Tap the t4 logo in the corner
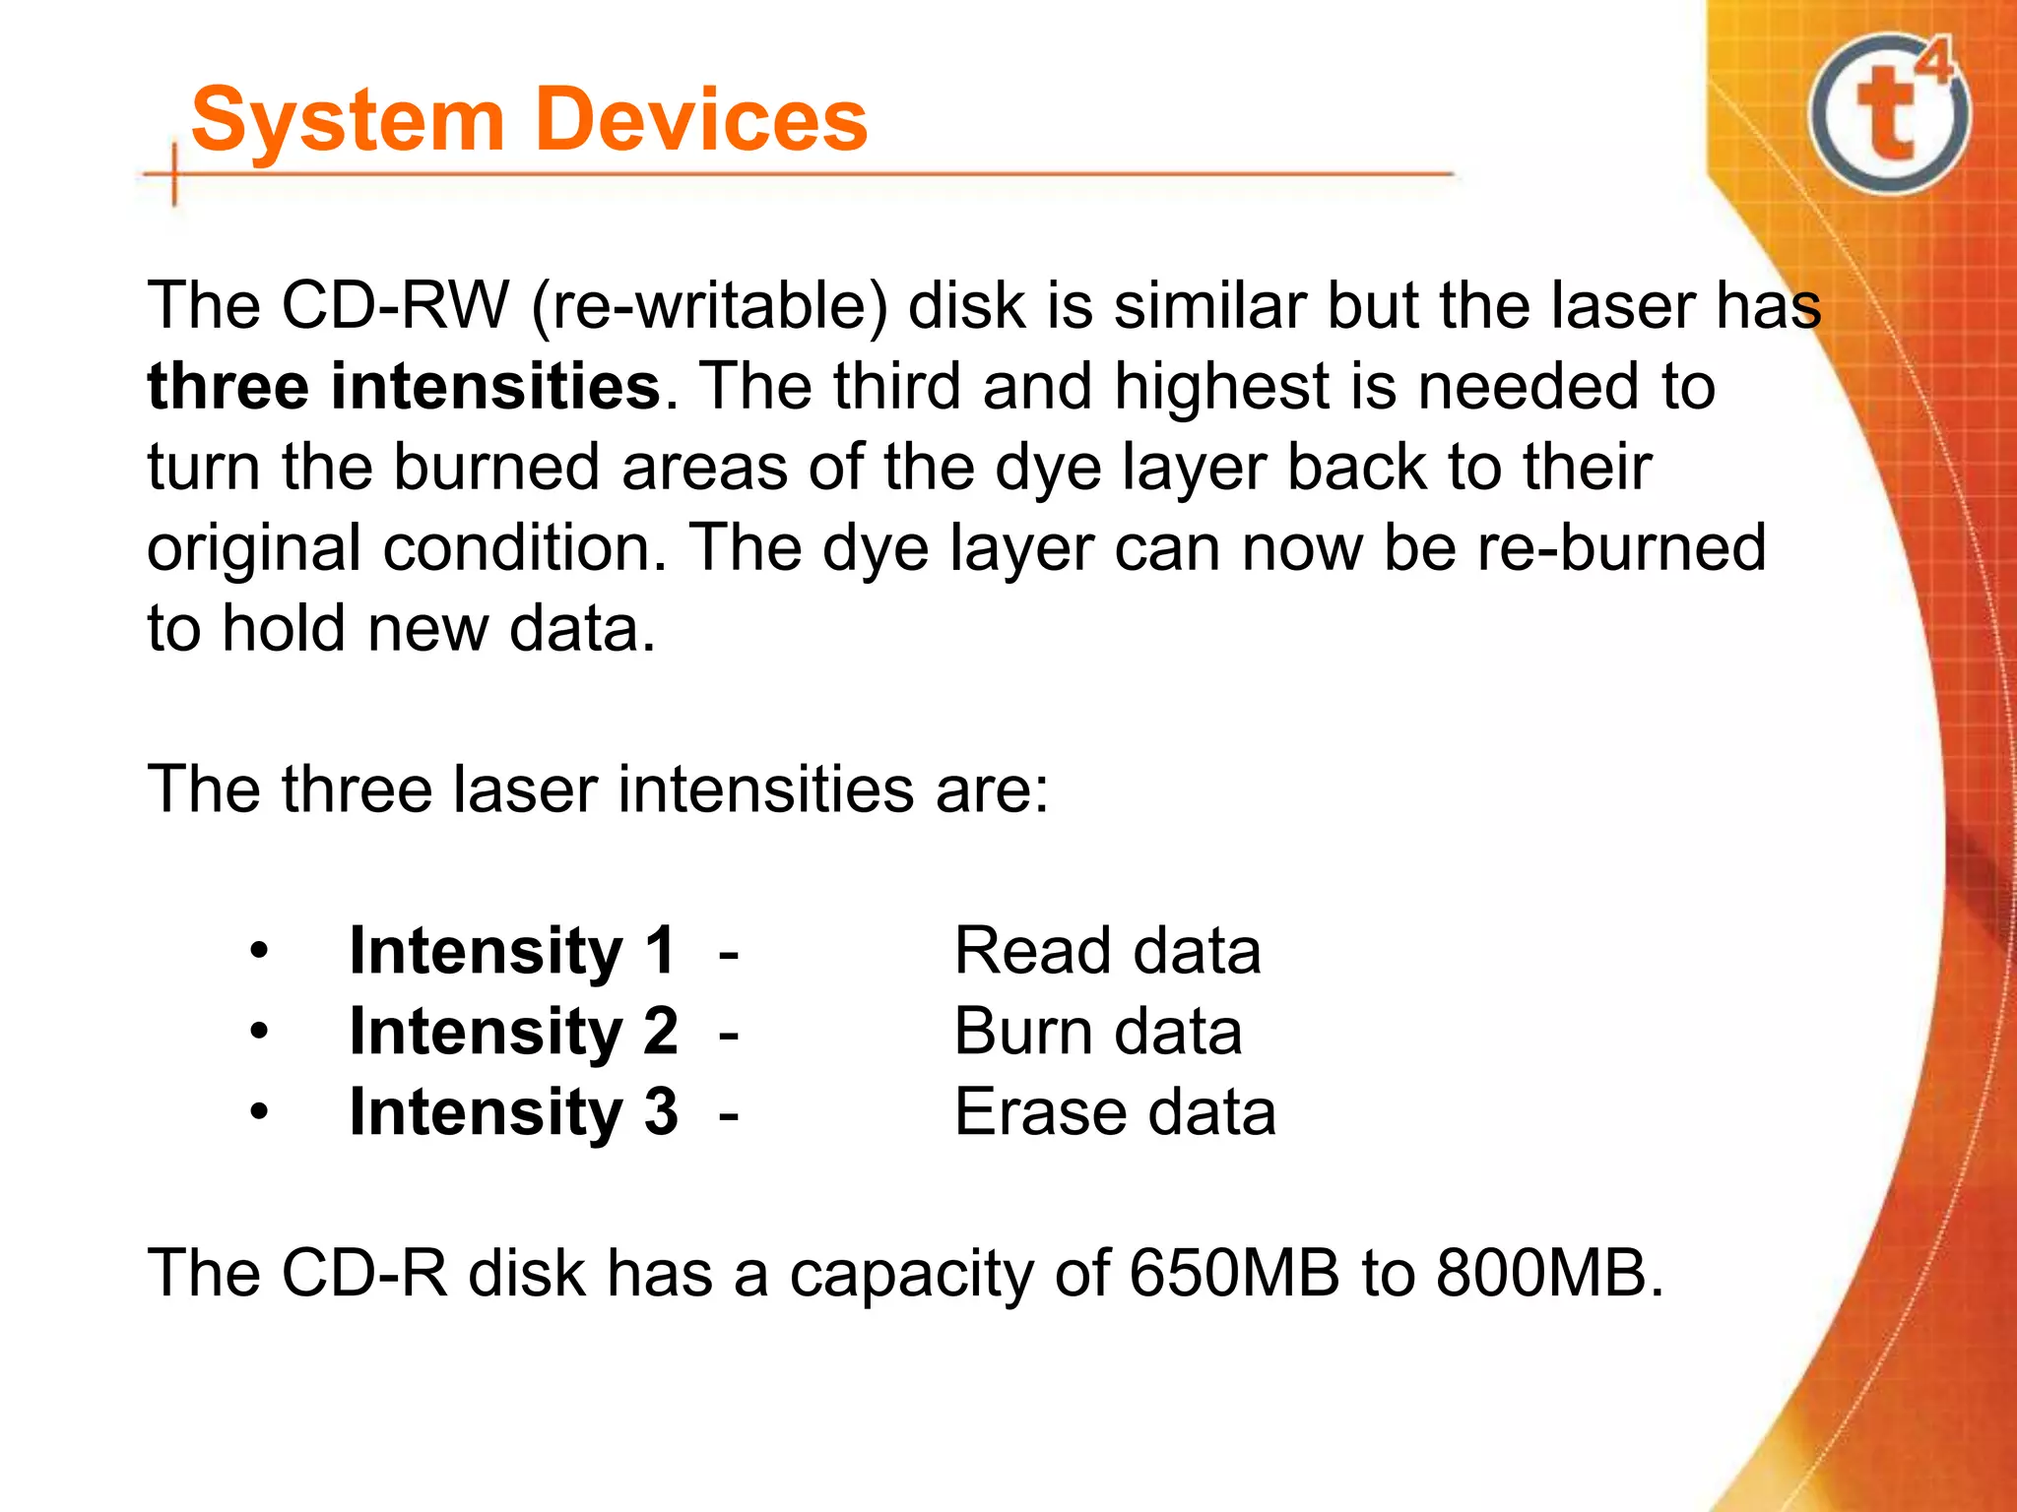pos(1890,114)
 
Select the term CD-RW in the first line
pos(394,305)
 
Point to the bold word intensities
pos(495,386)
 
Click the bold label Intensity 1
pos(512,952)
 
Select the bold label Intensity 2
pos(513,1033)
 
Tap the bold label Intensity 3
pos(513,1113)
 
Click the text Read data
pos(1107,952)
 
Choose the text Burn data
pos(1097,1033)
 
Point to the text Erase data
pos(1115,1113)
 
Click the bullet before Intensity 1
pos(259,952)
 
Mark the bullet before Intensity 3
pos(259,1113)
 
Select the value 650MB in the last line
pos(1234,1274)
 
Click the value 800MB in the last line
pos(1541,1274)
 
